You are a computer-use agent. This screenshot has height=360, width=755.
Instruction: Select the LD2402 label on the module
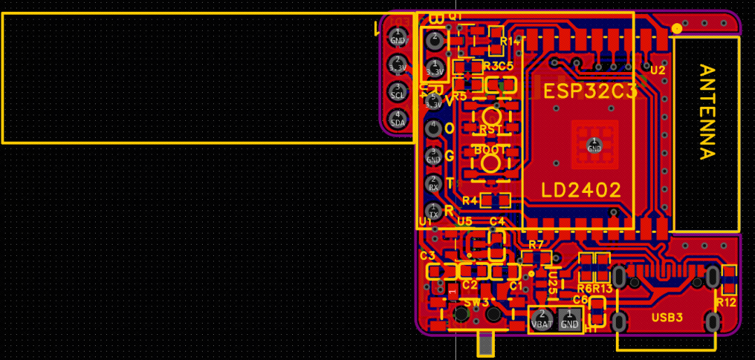click(581, 190)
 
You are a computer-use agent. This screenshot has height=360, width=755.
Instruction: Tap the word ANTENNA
click(707, 112)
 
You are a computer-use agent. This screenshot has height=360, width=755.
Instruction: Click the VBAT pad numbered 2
click(542, 319)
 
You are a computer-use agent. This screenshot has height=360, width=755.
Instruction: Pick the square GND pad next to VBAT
click(570, 319)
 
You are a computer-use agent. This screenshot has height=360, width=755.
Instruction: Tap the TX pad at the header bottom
click(433, 210)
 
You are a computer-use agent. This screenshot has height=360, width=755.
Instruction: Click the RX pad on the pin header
click(433, 183)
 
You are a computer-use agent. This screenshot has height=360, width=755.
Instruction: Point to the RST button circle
click(491, 116)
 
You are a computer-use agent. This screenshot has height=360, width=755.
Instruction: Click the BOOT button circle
click(491, 163)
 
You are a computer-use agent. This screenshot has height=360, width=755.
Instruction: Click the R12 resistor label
click(726, 302)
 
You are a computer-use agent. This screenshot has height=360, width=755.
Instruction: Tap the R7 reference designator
click(536, 245)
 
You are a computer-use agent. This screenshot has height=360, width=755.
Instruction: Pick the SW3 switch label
click(477, 302)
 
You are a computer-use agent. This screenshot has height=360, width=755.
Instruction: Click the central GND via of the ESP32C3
click(594, 145)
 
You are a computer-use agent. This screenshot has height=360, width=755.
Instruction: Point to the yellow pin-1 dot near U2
click(676, 29)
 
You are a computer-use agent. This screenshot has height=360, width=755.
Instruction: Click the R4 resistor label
click(470, 201)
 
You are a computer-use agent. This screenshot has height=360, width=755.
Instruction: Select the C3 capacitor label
click(427, 256)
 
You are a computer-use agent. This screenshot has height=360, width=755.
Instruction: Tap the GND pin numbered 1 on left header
click(398, 36)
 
